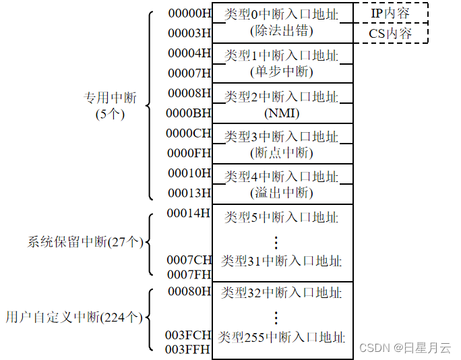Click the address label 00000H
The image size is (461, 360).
click(189, 12)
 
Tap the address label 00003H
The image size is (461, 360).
click(189, 32)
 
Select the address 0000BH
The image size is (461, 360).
click(189, 113)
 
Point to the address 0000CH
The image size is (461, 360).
click(189, 133)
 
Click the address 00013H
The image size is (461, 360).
click(189, 193)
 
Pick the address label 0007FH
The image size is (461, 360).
click(189, 274)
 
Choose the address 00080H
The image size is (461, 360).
click(189, 292)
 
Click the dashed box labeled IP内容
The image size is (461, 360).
click(390, 13)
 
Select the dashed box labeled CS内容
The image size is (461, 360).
click(390, 33)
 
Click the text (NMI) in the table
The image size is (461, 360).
click(282, 113)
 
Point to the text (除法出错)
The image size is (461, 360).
click(282, 32)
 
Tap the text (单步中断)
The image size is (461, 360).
click(282, 72)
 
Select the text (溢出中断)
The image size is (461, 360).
click(282, 193)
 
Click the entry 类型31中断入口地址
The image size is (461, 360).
click(282, 261)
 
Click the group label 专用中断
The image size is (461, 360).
click(110, 98)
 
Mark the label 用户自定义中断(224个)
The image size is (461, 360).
click(75, 316)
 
